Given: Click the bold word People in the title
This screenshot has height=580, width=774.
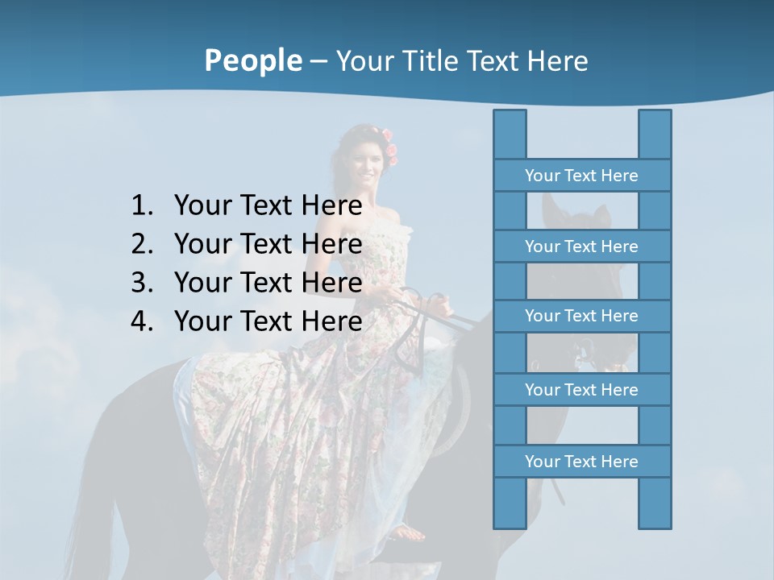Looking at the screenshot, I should click(x=252, y=60).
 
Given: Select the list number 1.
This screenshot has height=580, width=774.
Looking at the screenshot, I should click(x=142, y=206).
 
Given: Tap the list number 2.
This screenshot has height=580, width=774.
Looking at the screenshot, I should click(x=142, y=244).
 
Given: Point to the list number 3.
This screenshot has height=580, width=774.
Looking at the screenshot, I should click(x=142, y=283).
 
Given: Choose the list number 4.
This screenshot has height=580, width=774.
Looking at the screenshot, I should click(x=142, y=321).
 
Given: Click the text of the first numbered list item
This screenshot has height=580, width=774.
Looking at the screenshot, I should click(x=268, y=206).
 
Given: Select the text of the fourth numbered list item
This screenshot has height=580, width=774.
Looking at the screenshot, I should click(x=268, y=321).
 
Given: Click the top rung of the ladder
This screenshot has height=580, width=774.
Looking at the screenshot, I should click(x=581, y=176).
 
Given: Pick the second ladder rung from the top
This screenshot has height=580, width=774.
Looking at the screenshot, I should click(x=581, y=246).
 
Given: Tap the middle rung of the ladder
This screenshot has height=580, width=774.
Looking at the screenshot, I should click(x=581, y=316).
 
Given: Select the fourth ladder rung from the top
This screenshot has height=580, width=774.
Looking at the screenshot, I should click(x=581, y=390).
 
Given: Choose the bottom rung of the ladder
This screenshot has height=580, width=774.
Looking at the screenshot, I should click(x=581, y=462).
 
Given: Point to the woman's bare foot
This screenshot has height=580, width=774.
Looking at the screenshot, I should click(x=411, y=532).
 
